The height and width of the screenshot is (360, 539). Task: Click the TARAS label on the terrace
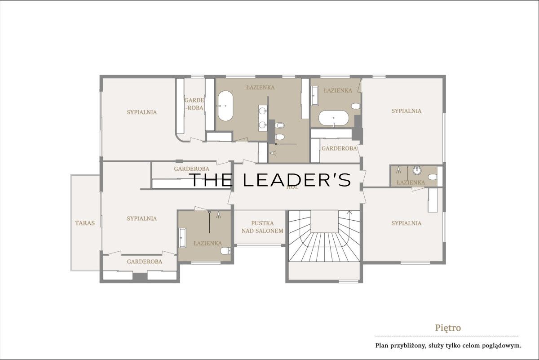click(x=85, y=223)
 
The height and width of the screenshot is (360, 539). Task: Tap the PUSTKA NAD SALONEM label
click(x=262, y=227)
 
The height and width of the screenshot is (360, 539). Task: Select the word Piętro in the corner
click(x=448, y=328)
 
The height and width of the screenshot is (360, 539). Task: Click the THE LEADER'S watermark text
click(x=270, y=180)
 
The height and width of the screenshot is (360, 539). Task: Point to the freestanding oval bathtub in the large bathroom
click(x=225, y=106)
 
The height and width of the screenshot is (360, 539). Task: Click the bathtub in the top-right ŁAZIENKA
click(x=333, y=118)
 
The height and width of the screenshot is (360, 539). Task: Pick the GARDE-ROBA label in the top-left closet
click(x=194, y=104)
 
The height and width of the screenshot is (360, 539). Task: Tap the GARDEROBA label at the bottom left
click(x=144, y=262)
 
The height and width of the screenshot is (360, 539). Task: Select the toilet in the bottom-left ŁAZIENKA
click(x=225, y=251)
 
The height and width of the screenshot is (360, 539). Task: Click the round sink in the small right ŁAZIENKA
click(x=417, y=170)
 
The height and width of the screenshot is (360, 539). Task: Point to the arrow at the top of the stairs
click(x=349, y=213)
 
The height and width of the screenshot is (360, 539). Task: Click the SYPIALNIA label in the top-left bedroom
click(x=142, y=112)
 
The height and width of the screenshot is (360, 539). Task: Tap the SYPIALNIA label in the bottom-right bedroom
click(x=406, y=223)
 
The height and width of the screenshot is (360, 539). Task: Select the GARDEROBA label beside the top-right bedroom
click(x=339, y=149)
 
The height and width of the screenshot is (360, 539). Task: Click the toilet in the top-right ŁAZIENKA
click(x=356, y=106)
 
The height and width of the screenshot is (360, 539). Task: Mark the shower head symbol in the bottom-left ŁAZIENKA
click(x=218, y=215)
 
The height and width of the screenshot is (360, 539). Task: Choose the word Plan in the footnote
click(x=381, y=346)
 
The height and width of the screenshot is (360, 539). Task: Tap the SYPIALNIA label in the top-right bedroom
click(x=406, y=111)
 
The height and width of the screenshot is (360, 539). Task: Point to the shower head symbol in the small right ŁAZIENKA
click(x=399, y=170)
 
